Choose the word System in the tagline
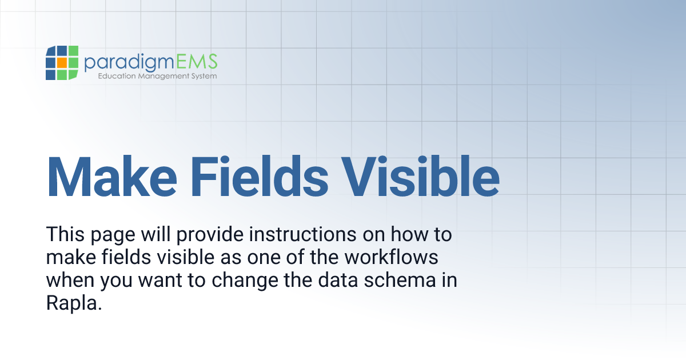click(204, 76)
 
